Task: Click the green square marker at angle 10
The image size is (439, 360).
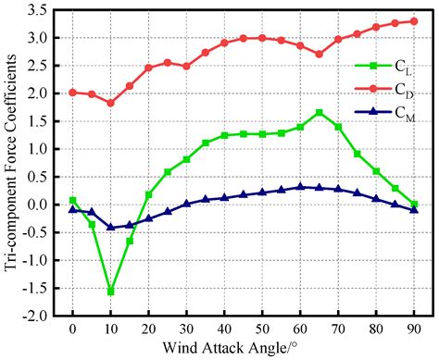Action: (x=111, y=291)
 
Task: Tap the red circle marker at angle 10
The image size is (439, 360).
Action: (x=111, y=103)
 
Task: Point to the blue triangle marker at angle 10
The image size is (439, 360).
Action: (x=111, y=227)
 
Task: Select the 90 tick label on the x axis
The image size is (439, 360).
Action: (x=414, y=330)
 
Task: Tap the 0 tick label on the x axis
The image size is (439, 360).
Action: (x=73, y=330)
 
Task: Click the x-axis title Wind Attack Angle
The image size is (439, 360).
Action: (x=243, y=349)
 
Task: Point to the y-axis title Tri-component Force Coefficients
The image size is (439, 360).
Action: (x=12, y=163)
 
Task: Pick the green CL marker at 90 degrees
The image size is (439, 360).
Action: (x=414, y=204)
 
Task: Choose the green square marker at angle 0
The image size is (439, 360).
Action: (x=73, y=200)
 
